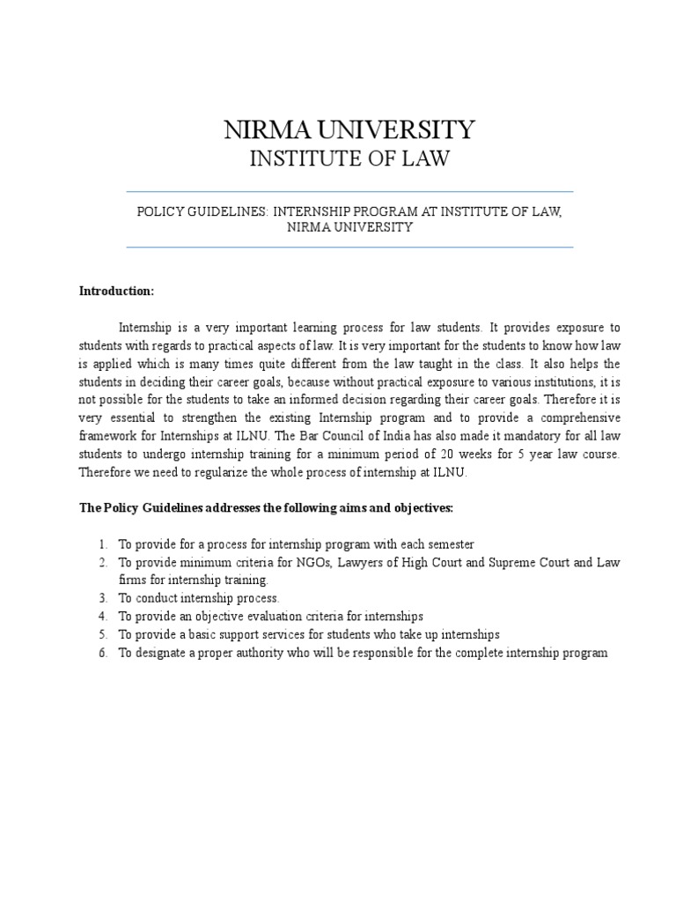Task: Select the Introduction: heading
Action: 116,290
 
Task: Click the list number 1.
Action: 103,544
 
